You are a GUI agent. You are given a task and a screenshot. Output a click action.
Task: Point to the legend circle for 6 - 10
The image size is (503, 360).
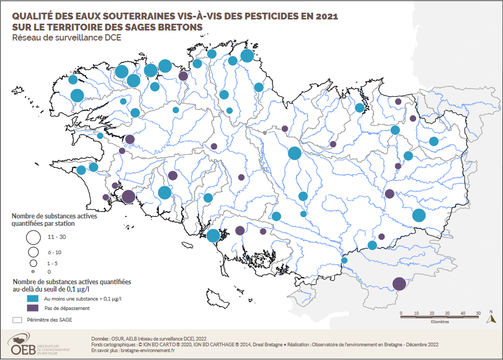click(x=33, y=252)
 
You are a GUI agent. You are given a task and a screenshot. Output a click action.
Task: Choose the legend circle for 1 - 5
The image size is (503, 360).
click(x=33, y=262)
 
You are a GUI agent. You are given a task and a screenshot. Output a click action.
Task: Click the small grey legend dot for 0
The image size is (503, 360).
click(x=33, y=272)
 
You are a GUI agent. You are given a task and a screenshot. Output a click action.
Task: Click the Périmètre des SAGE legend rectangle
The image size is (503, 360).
click(x=17, y=319)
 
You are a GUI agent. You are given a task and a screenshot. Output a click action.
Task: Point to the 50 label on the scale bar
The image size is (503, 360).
click(x=479, y=314)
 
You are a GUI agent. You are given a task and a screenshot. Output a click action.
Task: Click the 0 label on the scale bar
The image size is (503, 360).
click(x=401, y=314)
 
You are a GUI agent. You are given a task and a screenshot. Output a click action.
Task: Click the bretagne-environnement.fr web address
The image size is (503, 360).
click(x=140, y=350)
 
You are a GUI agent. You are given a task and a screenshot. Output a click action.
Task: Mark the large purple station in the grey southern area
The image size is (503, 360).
click(x=399, y=284)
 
